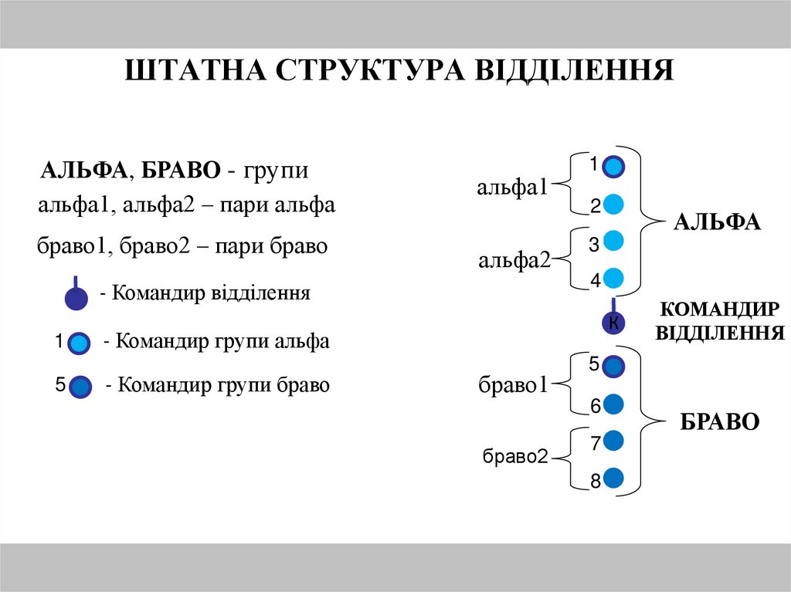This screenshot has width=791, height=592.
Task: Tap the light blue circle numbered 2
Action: (613, 205)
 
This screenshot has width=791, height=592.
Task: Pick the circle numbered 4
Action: (613, 278)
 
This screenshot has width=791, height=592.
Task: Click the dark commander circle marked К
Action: (613, 323)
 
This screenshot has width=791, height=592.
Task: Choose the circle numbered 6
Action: (613, 404)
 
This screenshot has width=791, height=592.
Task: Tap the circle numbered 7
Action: (613, 441)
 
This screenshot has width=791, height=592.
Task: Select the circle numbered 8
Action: (613, 479)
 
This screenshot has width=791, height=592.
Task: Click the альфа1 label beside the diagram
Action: (512, 187)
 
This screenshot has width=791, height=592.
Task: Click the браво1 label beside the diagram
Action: (513, 384)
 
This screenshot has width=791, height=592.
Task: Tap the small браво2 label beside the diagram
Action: (515, 457)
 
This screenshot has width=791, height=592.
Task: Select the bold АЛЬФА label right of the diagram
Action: (717, 222)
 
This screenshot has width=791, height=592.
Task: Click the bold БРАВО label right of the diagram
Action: (720, 421)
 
